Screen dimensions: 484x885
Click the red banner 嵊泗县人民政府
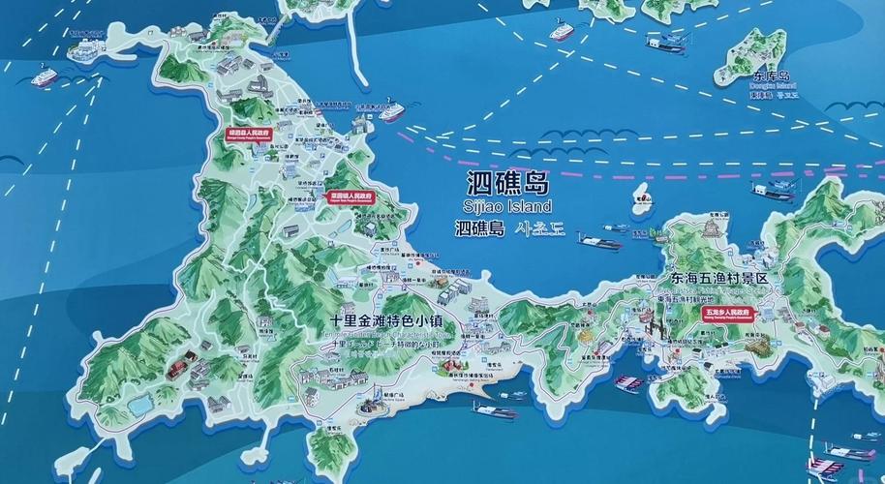point(247,133)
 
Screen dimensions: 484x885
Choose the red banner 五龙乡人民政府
point(727,314)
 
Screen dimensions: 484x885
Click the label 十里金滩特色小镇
point(386,318)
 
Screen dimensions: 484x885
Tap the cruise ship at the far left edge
point(46,75)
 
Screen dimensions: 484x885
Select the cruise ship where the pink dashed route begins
point(390,111)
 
